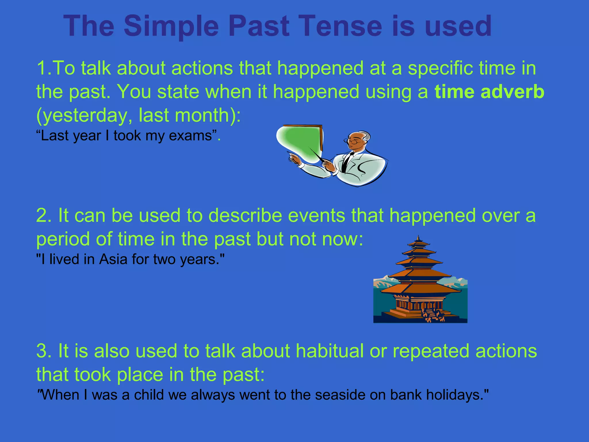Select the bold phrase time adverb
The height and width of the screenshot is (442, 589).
(x=489, y=92)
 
